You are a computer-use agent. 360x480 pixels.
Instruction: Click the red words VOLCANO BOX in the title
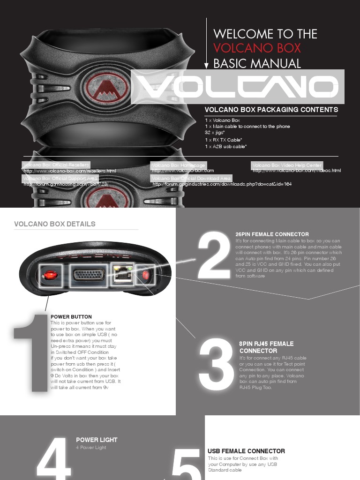point(257,48)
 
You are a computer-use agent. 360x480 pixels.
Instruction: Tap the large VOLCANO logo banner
point(237,87)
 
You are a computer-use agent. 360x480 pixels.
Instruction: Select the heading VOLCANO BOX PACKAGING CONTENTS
point(271,110)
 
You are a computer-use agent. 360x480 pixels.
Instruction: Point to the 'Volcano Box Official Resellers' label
point(56,165)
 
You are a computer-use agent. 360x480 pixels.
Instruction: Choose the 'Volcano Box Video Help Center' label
point(287,165)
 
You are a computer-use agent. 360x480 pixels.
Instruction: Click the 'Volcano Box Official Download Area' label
point(191,178)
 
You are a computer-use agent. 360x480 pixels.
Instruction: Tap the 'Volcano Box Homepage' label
point(178,165)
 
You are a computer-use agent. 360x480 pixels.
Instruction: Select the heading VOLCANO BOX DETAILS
point(55,224)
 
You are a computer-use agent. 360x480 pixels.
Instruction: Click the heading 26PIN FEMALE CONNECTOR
point(272,234)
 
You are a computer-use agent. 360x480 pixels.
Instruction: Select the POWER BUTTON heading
point(71,317)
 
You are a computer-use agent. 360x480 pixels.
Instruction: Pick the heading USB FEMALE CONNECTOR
point(246,451)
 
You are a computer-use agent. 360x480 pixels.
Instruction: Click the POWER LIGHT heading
point(97,440)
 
